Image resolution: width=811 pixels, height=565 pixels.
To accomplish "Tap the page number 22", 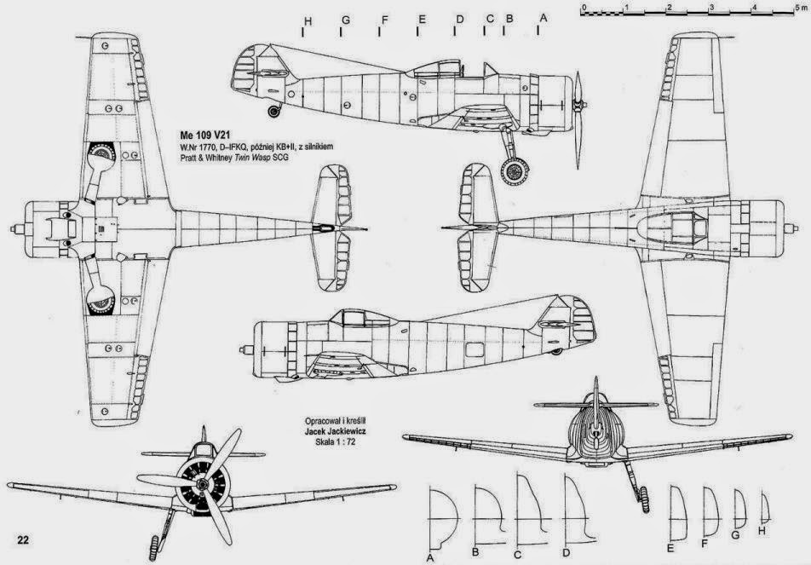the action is point(23,538).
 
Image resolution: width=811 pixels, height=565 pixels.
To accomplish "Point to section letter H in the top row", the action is point(305,19).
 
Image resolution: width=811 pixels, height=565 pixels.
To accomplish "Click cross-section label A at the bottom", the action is point(430,557).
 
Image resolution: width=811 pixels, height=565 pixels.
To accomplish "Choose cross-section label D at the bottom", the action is point(565,554).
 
